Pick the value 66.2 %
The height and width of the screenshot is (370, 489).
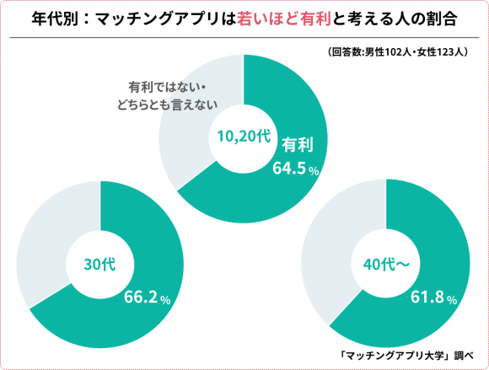(x=148, y=298)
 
